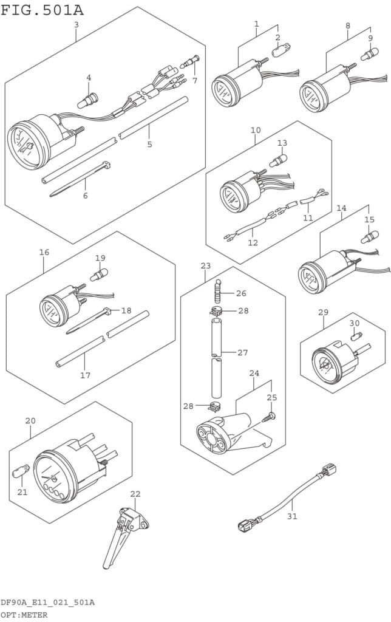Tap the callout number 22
click(135, 494)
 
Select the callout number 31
click(292, 516)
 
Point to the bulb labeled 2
click(282, 51)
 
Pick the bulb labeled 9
click(369, 54)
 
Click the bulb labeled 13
click(279, 160)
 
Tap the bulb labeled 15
click(369, 237)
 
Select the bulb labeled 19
click(99, 275)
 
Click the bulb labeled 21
click(21, 471)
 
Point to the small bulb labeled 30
click(356, 337)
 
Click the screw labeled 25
click(269, 417)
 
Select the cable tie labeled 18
click(89, 321)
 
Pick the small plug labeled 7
click(190, 61)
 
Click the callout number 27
click(242, 352)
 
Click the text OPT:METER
click(24, 615)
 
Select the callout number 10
click(256, 130)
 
